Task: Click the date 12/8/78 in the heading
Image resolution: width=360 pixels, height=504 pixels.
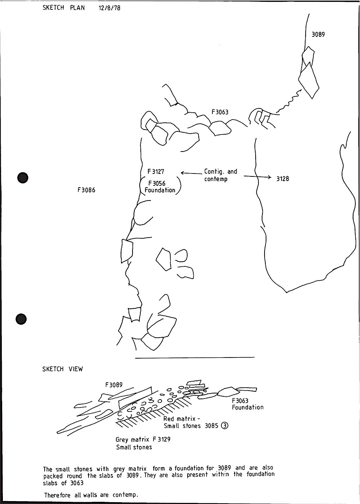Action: pos(109,8)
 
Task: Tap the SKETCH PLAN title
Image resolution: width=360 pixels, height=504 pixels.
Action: pos(64,8)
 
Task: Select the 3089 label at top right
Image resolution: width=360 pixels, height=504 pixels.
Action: pos(318,35)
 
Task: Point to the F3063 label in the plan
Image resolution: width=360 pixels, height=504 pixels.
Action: pos(220,112)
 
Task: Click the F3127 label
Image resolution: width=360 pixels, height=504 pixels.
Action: pos(156,172)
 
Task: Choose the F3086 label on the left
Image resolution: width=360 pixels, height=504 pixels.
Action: pos(86,190)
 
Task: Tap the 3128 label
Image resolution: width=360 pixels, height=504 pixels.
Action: pos(283,179)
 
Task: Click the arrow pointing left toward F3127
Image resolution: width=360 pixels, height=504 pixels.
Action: pos(191,174)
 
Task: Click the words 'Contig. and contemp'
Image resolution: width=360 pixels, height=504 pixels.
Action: pos(220,175)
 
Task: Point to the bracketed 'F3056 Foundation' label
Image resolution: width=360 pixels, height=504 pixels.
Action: pos(160,187)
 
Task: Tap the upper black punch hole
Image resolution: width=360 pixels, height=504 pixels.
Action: pos(23,177)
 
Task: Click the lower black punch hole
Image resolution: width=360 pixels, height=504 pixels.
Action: pos(21,319)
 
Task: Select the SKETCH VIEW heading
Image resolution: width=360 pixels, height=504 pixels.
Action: pos(63,369)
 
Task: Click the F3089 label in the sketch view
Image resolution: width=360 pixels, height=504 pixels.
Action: pos(114,385)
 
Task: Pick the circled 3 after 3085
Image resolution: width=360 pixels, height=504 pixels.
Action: pos(225,426)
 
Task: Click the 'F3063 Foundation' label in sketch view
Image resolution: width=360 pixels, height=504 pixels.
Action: pos(247,404)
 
